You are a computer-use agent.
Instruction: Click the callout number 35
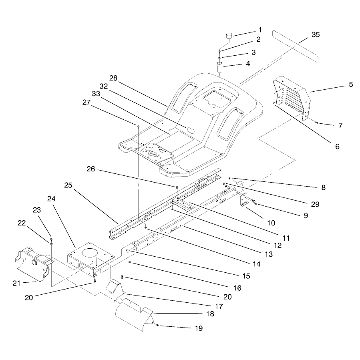[316, 35]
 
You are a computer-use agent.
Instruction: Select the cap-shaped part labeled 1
[229, 36]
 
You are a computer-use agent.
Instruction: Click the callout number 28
[113, 78]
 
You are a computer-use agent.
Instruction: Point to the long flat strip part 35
[296, 46]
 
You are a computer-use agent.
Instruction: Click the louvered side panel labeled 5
[292, 98]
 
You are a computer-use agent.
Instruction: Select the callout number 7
[340, 125]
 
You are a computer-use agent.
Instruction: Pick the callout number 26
[91, 169]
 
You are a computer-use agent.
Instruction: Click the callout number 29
[315, 204]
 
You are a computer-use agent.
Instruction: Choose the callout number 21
[16, 283]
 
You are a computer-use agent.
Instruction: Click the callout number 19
[199, 328]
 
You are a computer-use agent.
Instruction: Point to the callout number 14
[256, 264]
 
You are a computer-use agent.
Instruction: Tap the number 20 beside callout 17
[227, 297]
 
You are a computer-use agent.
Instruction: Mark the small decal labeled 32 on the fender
[191, 130]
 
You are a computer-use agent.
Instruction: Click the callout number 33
[96, 94]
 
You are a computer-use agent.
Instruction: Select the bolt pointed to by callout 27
[138, 126]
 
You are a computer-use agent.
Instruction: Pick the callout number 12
[278, 245]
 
